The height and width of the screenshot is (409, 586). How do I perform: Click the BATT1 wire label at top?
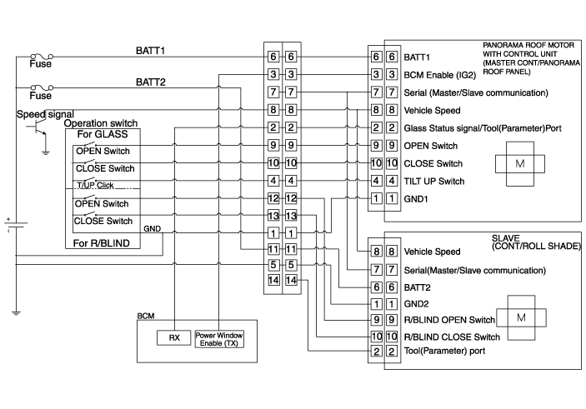click(x=151, y=51)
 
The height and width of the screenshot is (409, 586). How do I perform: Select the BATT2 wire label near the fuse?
click(x=151, y=82)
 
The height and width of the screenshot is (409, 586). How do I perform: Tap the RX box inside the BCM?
click(x=174, y=338)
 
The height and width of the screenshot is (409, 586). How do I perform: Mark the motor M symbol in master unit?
click(x=520, y=163)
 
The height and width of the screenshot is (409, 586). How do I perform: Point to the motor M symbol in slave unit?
click(x=520, y=319)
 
